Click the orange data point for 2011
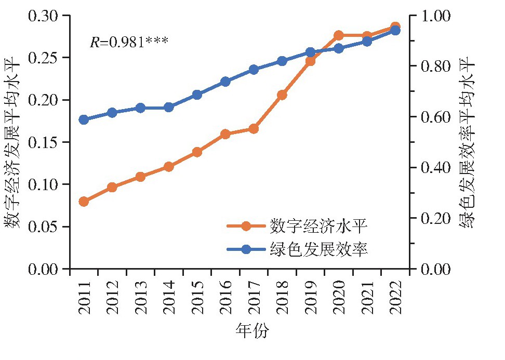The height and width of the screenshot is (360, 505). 84,202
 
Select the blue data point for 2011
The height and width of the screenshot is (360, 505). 84,119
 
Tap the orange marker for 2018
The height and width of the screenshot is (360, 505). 282,95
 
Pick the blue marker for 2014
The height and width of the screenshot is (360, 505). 169,108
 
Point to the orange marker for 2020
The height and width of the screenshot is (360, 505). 339,35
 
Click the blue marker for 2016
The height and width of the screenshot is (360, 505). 225,82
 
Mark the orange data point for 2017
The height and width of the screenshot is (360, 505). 254,128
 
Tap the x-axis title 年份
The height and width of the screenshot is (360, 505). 252,331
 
